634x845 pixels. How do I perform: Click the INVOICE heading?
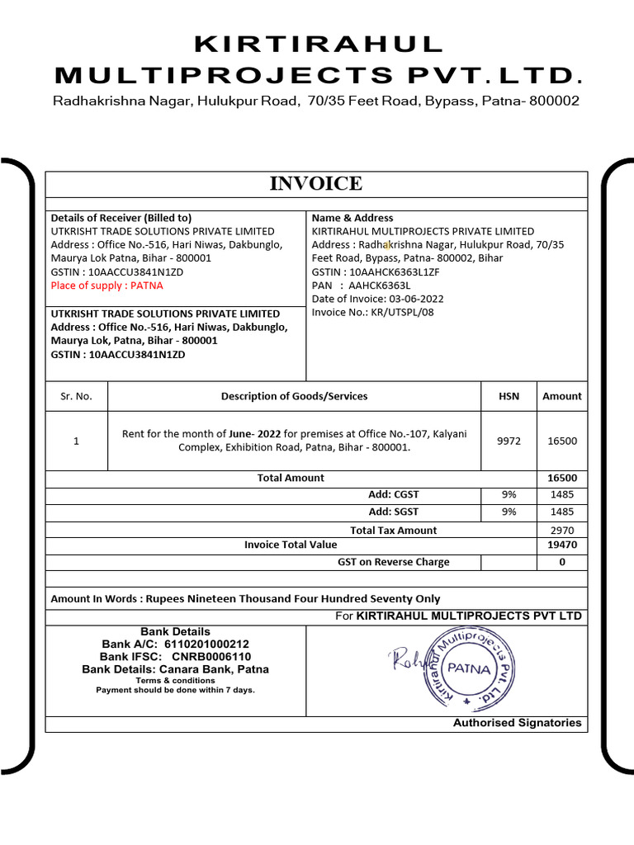[315, 184]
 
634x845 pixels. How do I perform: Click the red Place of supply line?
[107, 286]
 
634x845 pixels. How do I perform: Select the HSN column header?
[509, 396]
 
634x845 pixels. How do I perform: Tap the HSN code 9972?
[509, 441]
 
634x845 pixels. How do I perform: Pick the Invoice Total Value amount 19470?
[562, 545]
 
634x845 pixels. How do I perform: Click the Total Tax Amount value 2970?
[562, 531]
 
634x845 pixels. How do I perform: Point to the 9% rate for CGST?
[509, 494]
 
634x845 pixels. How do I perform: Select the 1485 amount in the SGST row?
[562, 512]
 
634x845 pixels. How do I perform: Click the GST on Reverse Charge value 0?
[562, 562]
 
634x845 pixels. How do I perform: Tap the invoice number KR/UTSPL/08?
[401, 312]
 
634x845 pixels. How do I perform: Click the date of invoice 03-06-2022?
[414, 299]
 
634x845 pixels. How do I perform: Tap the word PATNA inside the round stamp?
[468, 668]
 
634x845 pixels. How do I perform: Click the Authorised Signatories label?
[517, 723]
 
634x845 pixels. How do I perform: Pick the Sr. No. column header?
[76, 396]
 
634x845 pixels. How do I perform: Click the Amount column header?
[562, 396]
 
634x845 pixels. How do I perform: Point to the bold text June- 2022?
[255, 434]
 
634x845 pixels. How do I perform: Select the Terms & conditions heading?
[175, 680]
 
